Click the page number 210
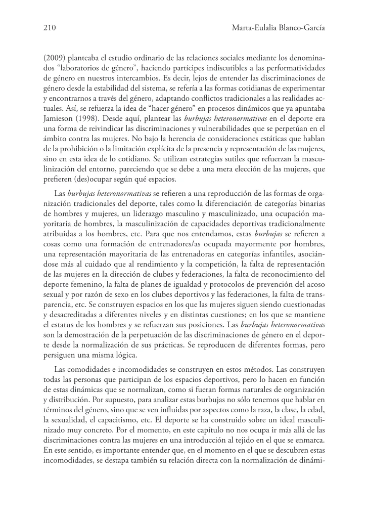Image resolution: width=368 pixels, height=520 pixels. coord(50,28)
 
